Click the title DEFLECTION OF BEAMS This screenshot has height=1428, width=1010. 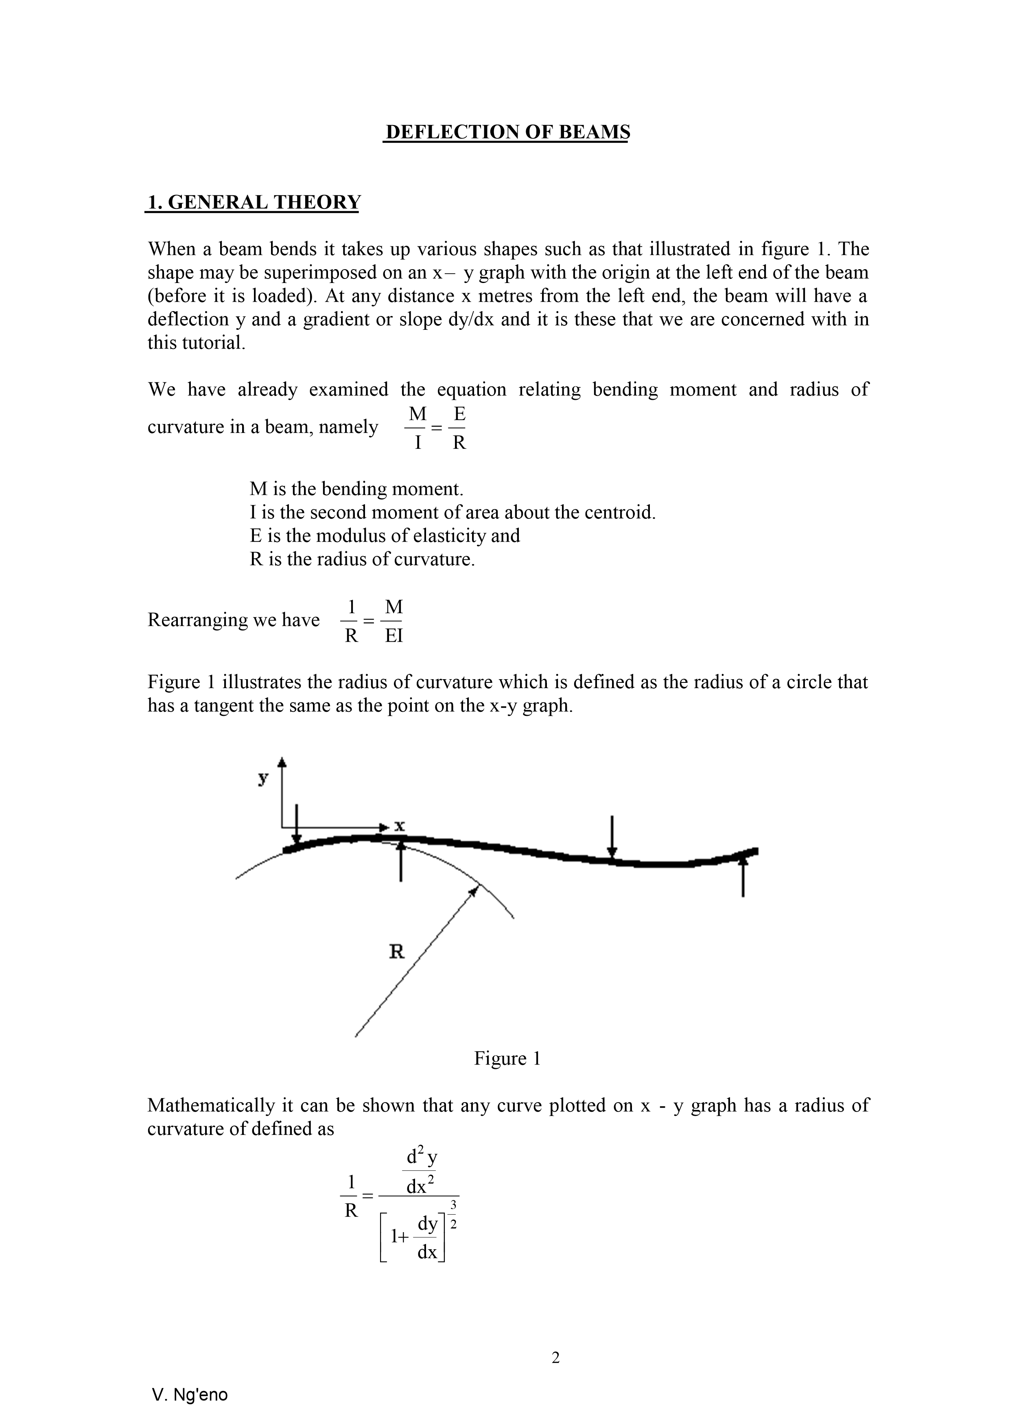click(507, 132)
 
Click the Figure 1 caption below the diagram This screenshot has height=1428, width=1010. click(507, 1058)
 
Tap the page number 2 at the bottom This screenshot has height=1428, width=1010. click(555, 1358)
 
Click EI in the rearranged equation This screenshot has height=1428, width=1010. click(394, 636)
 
